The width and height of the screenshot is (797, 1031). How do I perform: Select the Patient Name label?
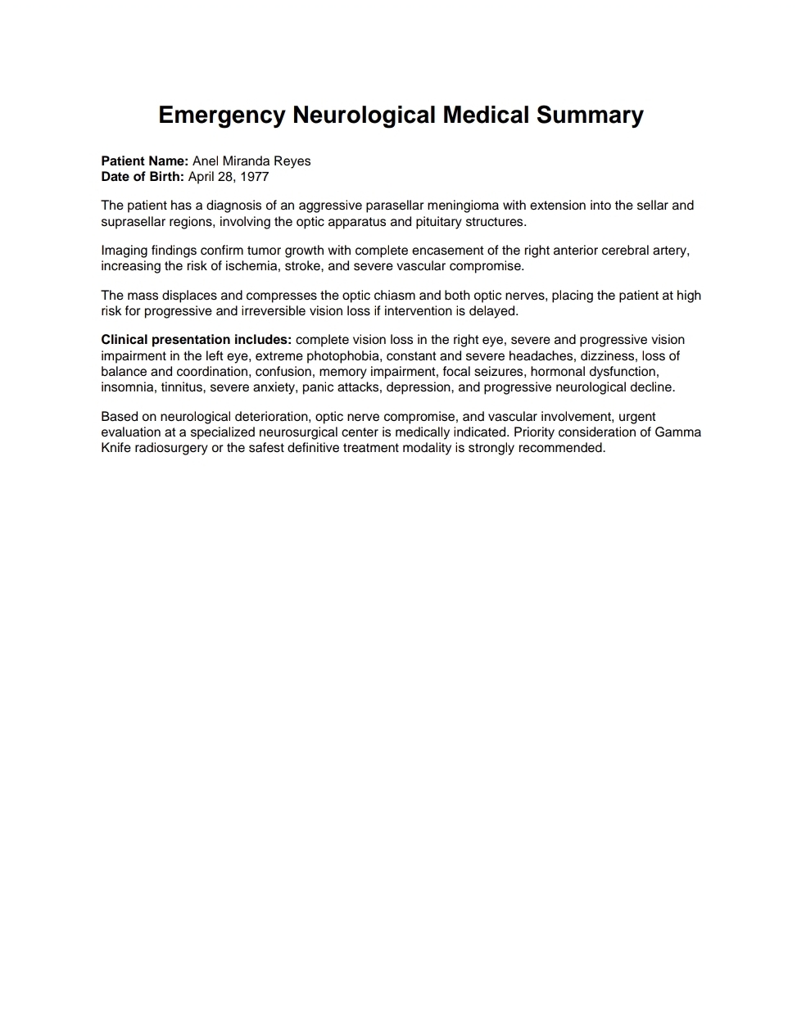(144, 161)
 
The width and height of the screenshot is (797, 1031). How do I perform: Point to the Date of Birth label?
(143, 177)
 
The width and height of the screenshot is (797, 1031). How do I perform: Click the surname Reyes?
(292, 161)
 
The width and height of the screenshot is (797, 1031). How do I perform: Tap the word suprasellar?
(134, 222)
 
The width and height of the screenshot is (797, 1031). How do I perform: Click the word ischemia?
(251, 266)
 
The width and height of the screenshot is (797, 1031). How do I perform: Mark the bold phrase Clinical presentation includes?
(196, 340)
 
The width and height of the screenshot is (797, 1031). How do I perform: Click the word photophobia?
(342, 356)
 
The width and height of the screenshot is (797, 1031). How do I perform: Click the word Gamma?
(677, 432)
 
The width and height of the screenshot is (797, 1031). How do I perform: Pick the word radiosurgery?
(170, 448)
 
